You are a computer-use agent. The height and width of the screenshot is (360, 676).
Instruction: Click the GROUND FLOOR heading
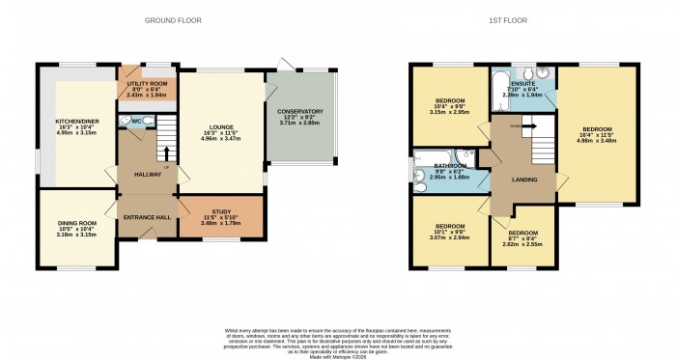173,19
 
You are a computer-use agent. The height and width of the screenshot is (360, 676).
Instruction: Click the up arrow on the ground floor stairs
165,152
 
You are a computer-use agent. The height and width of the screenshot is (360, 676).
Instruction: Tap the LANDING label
525,177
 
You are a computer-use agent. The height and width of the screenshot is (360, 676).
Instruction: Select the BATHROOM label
450,165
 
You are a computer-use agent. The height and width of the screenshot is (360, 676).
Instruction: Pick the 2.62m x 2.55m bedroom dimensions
523,244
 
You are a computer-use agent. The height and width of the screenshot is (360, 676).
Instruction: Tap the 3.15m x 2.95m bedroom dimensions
449,111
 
